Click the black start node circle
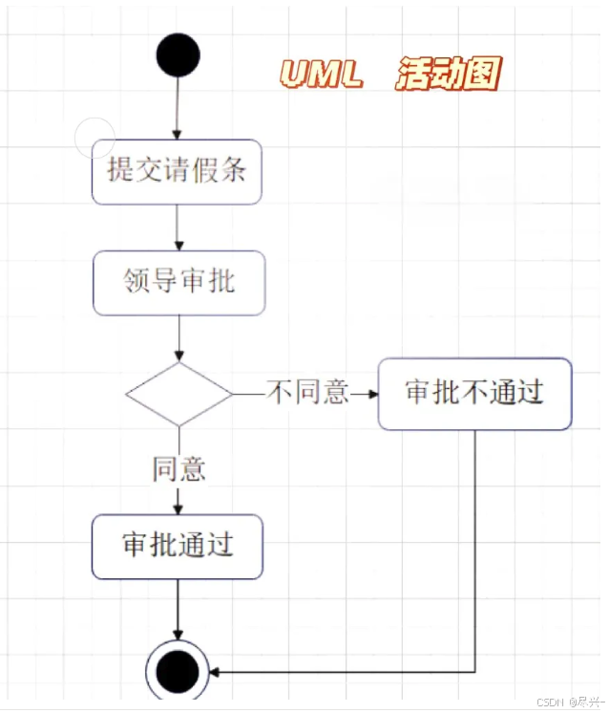pos(178,54)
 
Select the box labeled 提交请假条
pos(177,171)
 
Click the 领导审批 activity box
pos(178,282)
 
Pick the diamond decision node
pos(178,393)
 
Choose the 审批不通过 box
pos(474,393)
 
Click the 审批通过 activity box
pos(178,546)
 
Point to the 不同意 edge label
pos(307,393)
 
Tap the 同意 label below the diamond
pos(179,468)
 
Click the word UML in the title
pos(322,74)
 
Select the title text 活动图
pos(448,74)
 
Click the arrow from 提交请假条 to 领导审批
pos(178,227)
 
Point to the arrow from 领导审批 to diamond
pos(178,338)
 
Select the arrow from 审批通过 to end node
pos(178,609)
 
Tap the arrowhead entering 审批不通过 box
pos(370,393)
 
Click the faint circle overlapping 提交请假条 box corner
pos(94,138)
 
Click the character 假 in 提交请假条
pos(204,171)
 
